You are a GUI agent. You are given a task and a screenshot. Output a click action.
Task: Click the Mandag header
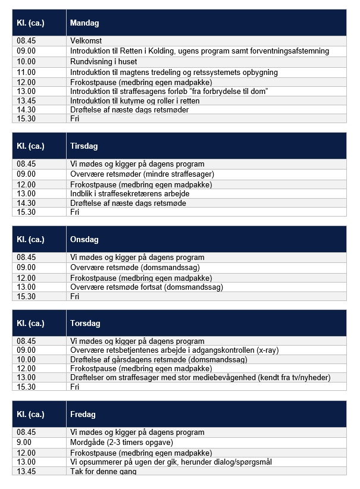click(x=84, y=23)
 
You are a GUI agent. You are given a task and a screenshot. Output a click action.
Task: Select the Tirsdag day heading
click(x=84, y=146)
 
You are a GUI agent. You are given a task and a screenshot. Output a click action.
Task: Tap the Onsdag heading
click(x=84, y=239)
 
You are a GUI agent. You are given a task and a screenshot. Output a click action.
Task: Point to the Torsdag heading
click(x=85, y=324)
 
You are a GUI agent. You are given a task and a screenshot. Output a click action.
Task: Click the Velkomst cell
click(x=86, y=41)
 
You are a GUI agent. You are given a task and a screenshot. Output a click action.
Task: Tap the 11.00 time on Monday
click(x=26, y=72)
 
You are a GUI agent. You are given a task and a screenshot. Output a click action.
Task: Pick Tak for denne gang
click(x=103, y=471)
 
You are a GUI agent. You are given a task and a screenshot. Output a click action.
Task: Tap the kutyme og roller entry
click(x=134, y=101)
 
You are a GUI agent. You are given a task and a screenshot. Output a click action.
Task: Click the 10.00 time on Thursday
click(x=26, y=359)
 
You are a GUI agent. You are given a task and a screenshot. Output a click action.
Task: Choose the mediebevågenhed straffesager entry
click(x=200, y=377)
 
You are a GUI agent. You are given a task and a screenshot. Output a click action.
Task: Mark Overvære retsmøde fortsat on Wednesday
click(x=146, y=287)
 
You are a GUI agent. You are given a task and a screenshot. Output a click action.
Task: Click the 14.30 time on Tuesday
click(x=26, y=203)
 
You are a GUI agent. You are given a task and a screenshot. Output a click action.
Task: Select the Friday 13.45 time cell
click(x=26, y=471)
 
